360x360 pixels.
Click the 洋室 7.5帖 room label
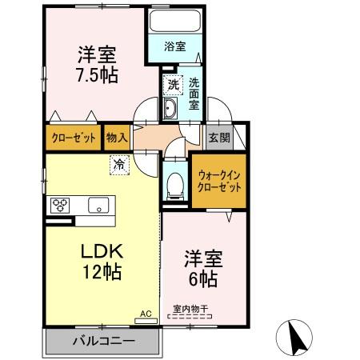97,66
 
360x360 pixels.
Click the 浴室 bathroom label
175,46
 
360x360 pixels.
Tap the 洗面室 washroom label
194,93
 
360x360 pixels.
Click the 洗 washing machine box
172,83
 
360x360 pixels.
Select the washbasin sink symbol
170,110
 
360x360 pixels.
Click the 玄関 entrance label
218,138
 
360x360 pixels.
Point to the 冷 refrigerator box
118,166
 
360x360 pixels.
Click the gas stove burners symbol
61,205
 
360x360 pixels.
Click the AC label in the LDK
146,314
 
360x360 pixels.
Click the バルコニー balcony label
105,341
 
